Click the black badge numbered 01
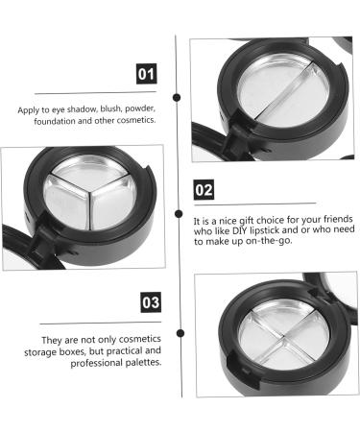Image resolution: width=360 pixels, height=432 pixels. pos(145,72)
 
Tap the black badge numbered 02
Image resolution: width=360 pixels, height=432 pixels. pos(204,189)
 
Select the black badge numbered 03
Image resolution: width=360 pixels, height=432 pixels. pos(150,303)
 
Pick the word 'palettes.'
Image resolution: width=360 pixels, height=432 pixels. pos(141,363)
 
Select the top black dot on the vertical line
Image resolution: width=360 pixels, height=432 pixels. pos(177,96)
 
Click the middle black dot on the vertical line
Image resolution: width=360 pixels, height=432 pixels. pos(177,212)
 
